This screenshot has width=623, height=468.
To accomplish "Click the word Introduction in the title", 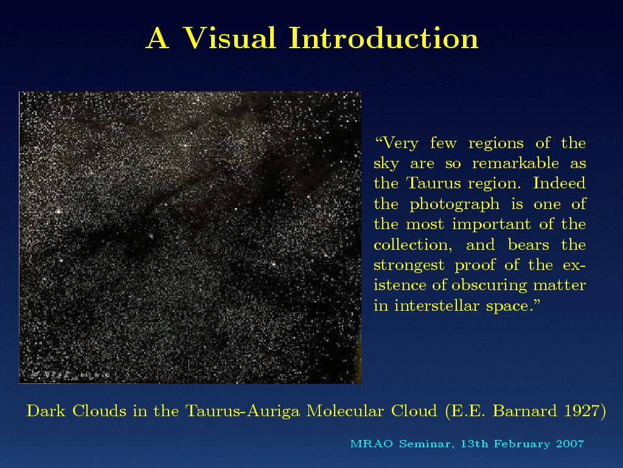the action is coord(383,38).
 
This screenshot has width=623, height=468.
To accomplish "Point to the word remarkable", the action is coord(515,163).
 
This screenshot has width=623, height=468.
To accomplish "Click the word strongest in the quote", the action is coord(409,266).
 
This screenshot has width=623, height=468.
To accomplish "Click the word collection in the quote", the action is coord(412,245).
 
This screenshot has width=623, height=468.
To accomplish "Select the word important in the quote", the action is coord(491,224).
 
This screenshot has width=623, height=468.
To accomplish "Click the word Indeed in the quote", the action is coord(559,183).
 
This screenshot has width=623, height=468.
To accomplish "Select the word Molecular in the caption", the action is coord(345,411).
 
